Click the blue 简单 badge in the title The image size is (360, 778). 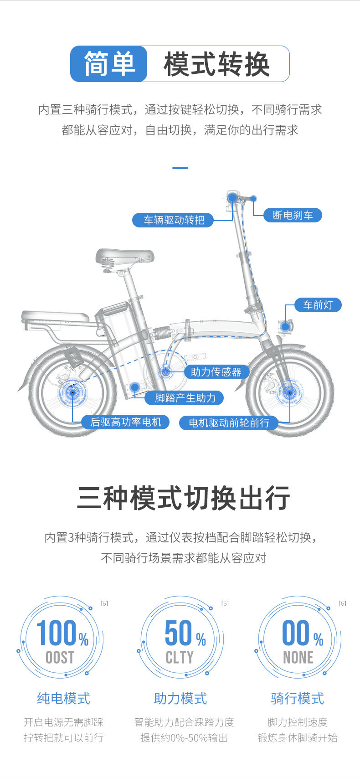[x=109, y=64]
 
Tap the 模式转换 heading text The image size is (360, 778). [x=217, y=64]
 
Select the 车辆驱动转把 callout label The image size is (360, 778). [x=174, y=220]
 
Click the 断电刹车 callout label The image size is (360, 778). [x=293, y=215]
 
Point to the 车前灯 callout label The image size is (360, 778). [x=318, y=305]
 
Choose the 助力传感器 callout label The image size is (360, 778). [x=216, y=372]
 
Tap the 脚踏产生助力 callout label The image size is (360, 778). [x=185, y=398]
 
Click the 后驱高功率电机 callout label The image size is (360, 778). [x=126, y=422]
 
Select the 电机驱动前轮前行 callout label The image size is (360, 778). [x=229, y=423]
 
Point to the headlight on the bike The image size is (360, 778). [x=286, y=326]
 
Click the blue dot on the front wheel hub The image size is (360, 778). [x=288, y=392]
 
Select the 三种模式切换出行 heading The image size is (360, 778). [x=183, y=498]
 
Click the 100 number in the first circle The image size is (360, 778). [x=56, y=633]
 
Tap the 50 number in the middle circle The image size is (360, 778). [x=179, y=633]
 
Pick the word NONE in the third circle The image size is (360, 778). [x=298, y=657]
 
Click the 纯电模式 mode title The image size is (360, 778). [x=64, y=698]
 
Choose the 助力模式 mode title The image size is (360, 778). [x=180, y=698]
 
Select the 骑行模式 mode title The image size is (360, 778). [x=298, y=698]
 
